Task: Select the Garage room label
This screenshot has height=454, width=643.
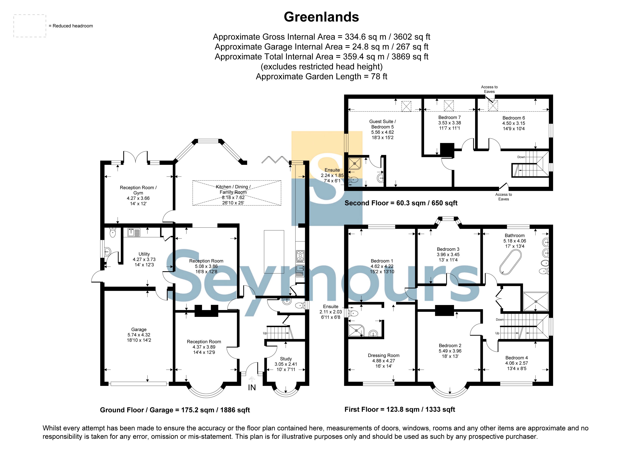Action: point(139,330)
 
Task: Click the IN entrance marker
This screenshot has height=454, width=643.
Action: point(252,387)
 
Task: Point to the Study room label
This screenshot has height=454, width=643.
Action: point(286,359)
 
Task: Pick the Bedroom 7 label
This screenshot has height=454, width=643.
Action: point(449,117)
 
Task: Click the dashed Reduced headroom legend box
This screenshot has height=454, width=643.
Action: point(30,26)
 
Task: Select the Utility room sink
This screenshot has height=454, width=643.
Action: point(134,232)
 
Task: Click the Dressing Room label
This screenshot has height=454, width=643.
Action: point(384,355)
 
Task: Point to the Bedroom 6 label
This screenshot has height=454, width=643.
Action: point(514,118)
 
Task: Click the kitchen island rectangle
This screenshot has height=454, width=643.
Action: point(274,252)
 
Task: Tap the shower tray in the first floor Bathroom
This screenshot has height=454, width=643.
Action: point(536,302)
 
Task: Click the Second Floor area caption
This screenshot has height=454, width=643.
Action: point(401,203)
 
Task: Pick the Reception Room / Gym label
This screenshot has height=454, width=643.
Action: point(138,190)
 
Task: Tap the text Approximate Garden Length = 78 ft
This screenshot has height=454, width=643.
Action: point(322,76)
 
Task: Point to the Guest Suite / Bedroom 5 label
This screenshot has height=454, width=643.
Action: point(383,124)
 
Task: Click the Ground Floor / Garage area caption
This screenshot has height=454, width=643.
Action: point(175,410)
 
